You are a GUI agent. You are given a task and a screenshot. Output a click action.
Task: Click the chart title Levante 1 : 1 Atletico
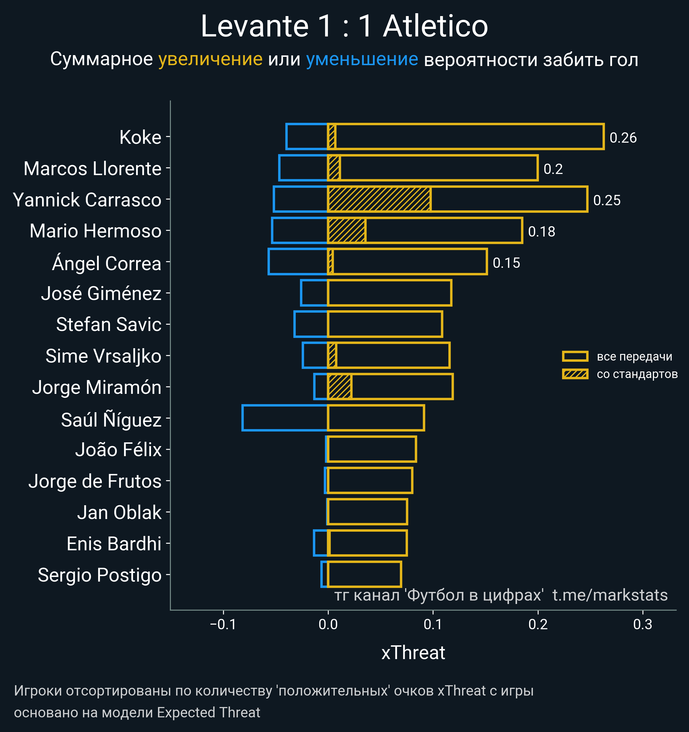pos(344,26)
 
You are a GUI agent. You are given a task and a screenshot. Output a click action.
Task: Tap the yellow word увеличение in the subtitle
pos(210,59)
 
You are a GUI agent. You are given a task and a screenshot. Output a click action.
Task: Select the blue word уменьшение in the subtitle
pos(362,59)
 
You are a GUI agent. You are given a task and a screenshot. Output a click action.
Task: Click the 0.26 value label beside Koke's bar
pos(623,138)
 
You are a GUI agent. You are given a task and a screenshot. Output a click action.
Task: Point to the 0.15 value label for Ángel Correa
pos(506,263)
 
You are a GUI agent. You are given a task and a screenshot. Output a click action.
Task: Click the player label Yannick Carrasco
pos(87,200)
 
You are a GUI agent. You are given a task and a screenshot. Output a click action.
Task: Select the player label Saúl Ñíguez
pos(111,420)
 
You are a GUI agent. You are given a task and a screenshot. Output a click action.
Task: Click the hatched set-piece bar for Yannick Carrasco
pos(379,199)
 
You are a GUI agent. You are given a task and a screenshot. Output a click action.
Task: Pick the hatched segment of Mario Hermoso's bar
pos(347,231)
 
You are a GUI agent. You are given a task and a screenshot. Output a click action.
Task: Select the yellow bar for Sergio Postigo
pos(364,574)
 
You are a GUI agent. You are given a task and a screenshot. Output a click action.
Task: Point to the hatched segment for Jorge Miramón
pos(340,387)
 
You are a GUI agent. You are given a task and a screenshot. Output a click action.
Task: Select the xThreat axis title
pos(413,653)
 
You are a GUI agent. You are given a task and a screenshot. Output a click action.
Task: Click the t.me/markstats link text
pos(610,595)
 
